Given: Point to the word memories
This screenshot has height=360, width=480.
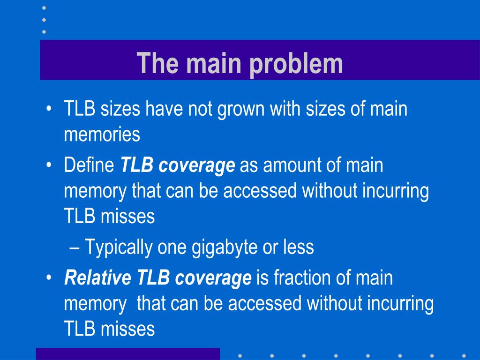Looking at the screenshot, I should point(102,135).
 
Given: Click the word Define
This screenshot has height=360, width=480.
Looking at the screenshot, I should point(90,165).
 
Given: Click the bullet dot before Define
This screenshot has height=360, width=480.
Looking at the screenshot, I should point(49,166).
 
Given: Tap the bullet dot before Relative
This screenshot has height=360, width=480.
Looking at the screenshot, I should point(49,278).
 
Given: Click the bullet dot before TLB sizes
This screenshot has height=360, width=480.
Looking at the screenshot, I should point(49,111).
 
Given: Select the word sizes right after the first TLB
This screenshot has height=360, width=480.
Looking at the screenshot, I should point(120,110).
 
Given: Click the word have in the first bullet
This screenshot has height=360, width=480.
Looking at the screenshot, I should point(165,110).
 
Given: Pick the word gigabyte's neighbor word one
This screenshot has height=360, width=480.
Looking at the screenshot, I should point(171,247).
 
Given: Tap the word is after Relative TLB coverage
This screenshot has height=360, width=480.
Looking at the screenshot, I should point(262,278).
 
